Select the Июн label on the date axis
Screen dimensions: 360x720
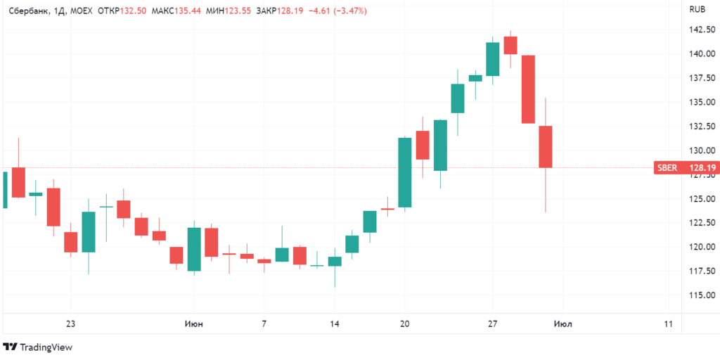(x=194, y=324)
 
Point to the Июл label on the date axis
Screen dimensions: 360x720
(x=562, y=324)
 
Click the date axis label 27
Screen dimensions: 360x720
(x=493, y=324)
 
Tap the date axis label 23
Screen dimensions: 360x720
(x=70, y=324)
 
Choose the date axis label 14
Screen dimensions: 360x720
(x=335, y=324)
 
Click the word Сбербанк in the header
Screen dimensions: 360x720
(x=27, y=11)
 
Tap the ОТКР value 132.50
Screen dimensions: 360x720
(x=133, y=11)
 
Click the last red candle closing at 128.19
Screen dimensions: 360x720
(x=546, y=147)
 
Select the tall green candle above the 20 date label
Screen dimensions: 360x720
(x=404, y=172)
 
